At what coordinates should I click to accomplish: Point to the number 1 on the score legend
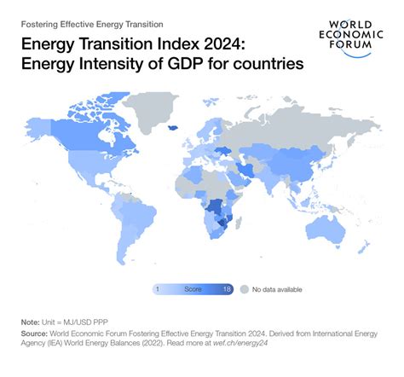click(x=159, y=289)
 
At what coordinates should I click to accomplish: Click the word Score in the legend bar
click(x=193, y=289)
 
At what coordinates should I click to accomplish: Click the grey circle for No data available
click(x=244, y=289)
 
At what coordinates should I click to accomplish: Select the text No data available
click(x=278, y=289)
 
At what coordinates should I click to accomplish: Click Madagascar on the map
click(x=248, y=224)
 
